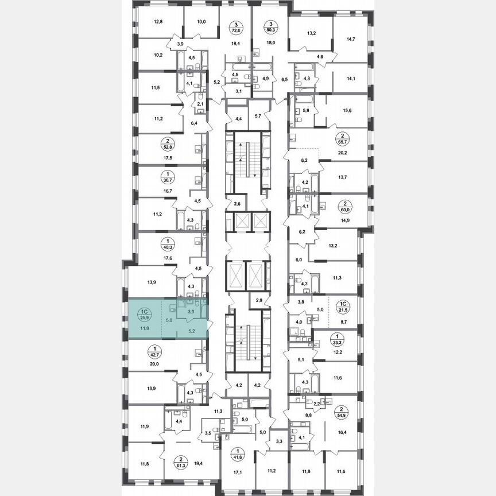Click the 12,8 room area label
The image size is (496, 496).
pyautogui.click(x=158, y=22)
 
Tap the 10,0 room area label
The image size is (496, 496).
pyautogui.click(x=201, y=22)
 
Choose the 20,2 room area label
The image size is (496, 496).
pyautogui.click(x=344, y=153)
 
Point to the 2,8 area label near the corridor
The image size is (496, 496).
pyautogui.click(x=259, y=300)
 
